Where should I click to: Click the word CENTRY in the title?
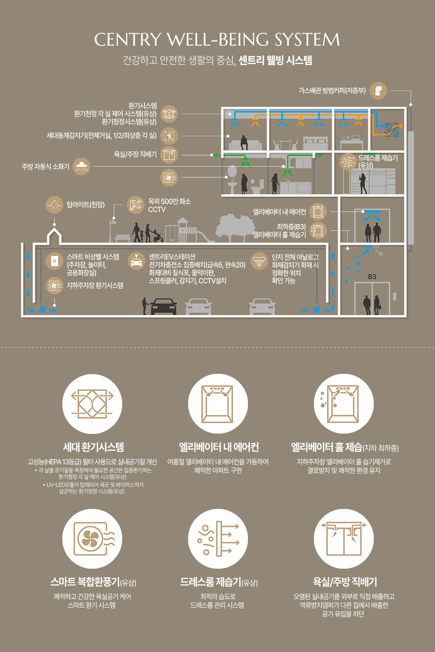pyautogui.click(x=127, y=39)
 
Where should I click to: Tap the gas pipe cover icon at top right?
pyautogui.click(x=378, y=91)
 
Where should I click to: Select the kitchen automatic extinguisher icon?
pyautogui.click(x=81, y=167)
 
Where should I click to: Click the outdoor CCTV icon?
pyautogui.click(x=136, y=205)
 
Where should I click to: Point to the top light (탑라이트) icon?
pyautogui.click(x=55, y=205)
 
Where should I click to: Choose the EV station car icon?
pyautogui.click(x=137, y=261)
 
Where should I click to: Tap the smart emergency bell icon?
pyautogui.click(x=55, y=261)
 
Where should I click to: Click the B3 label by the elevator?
pyautogui.click(x=372, y=277)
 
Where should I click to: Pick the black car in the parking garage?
pyautogui.click(x=163, y=306)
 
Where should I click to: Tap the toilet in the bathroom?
pyautogui.click(x=257, y=187)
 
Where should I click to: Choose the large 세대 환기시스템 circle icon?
pyautogui.click(x=92, y=404)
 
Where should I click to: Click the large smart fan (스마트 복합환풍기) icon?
pyautogui.click(x=92, y=539)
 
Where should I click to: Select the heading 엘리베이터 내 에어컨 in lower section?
pyautogui.click(x=219, y=447)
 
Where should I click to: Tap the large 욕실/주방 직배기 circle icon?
pyautogui.click(x=344, y=539)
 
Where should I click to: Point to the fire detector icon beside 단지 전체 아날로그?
pyautogui.click(x=259, y=261)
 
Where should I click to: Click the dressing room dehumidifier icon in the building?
pyautogui.click(x=348, y=162)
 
